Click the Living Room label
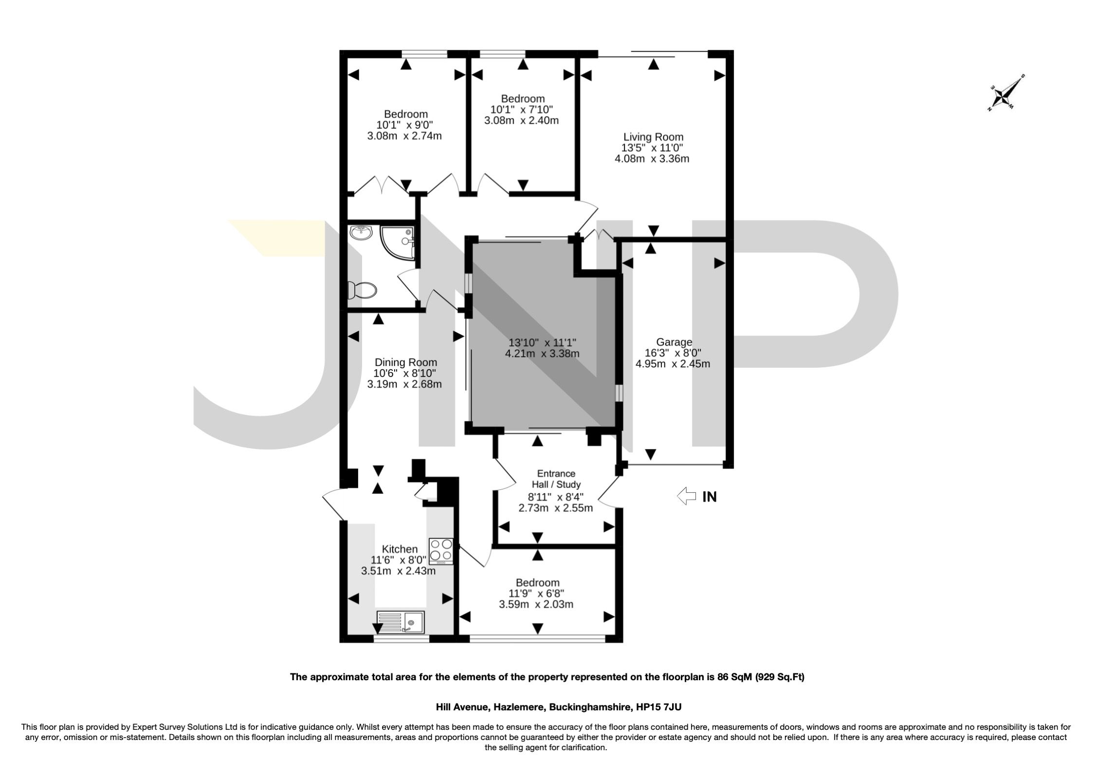(653, 137)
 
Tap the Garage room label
(674, 342)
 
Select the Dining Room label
(405, 362)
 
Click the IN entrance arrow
(687, 496)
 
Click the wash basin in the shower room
(361, 234)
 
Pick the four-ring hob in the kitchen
(441, 551)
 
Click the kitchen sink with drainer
(401, 622)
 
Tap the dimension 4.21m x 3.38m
(542, 354)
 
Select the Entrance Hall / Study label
(556, 479)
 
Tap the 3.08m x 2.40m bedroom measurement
(521, 120)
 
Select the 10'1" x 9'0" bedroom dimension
(404, 125)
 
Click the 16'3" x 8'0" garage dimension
(673, 353)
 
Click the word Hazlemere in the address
(517, 707)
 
